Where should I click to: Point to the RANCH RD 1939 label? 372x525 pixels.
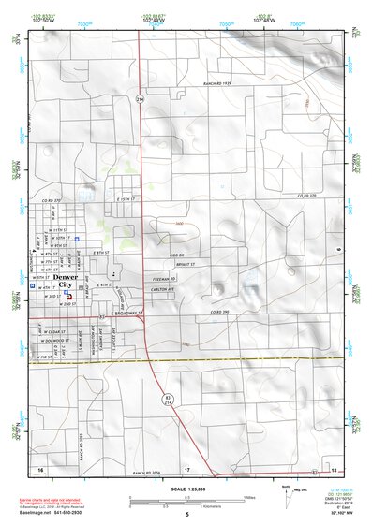coord(216,84)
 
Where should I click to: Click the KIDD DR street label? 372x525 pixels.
coord(166,254)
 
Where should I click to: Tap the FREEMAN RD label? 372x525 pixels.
coord(168,278)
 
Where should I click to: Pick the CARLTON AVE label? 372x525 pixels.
coord(168,290)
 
